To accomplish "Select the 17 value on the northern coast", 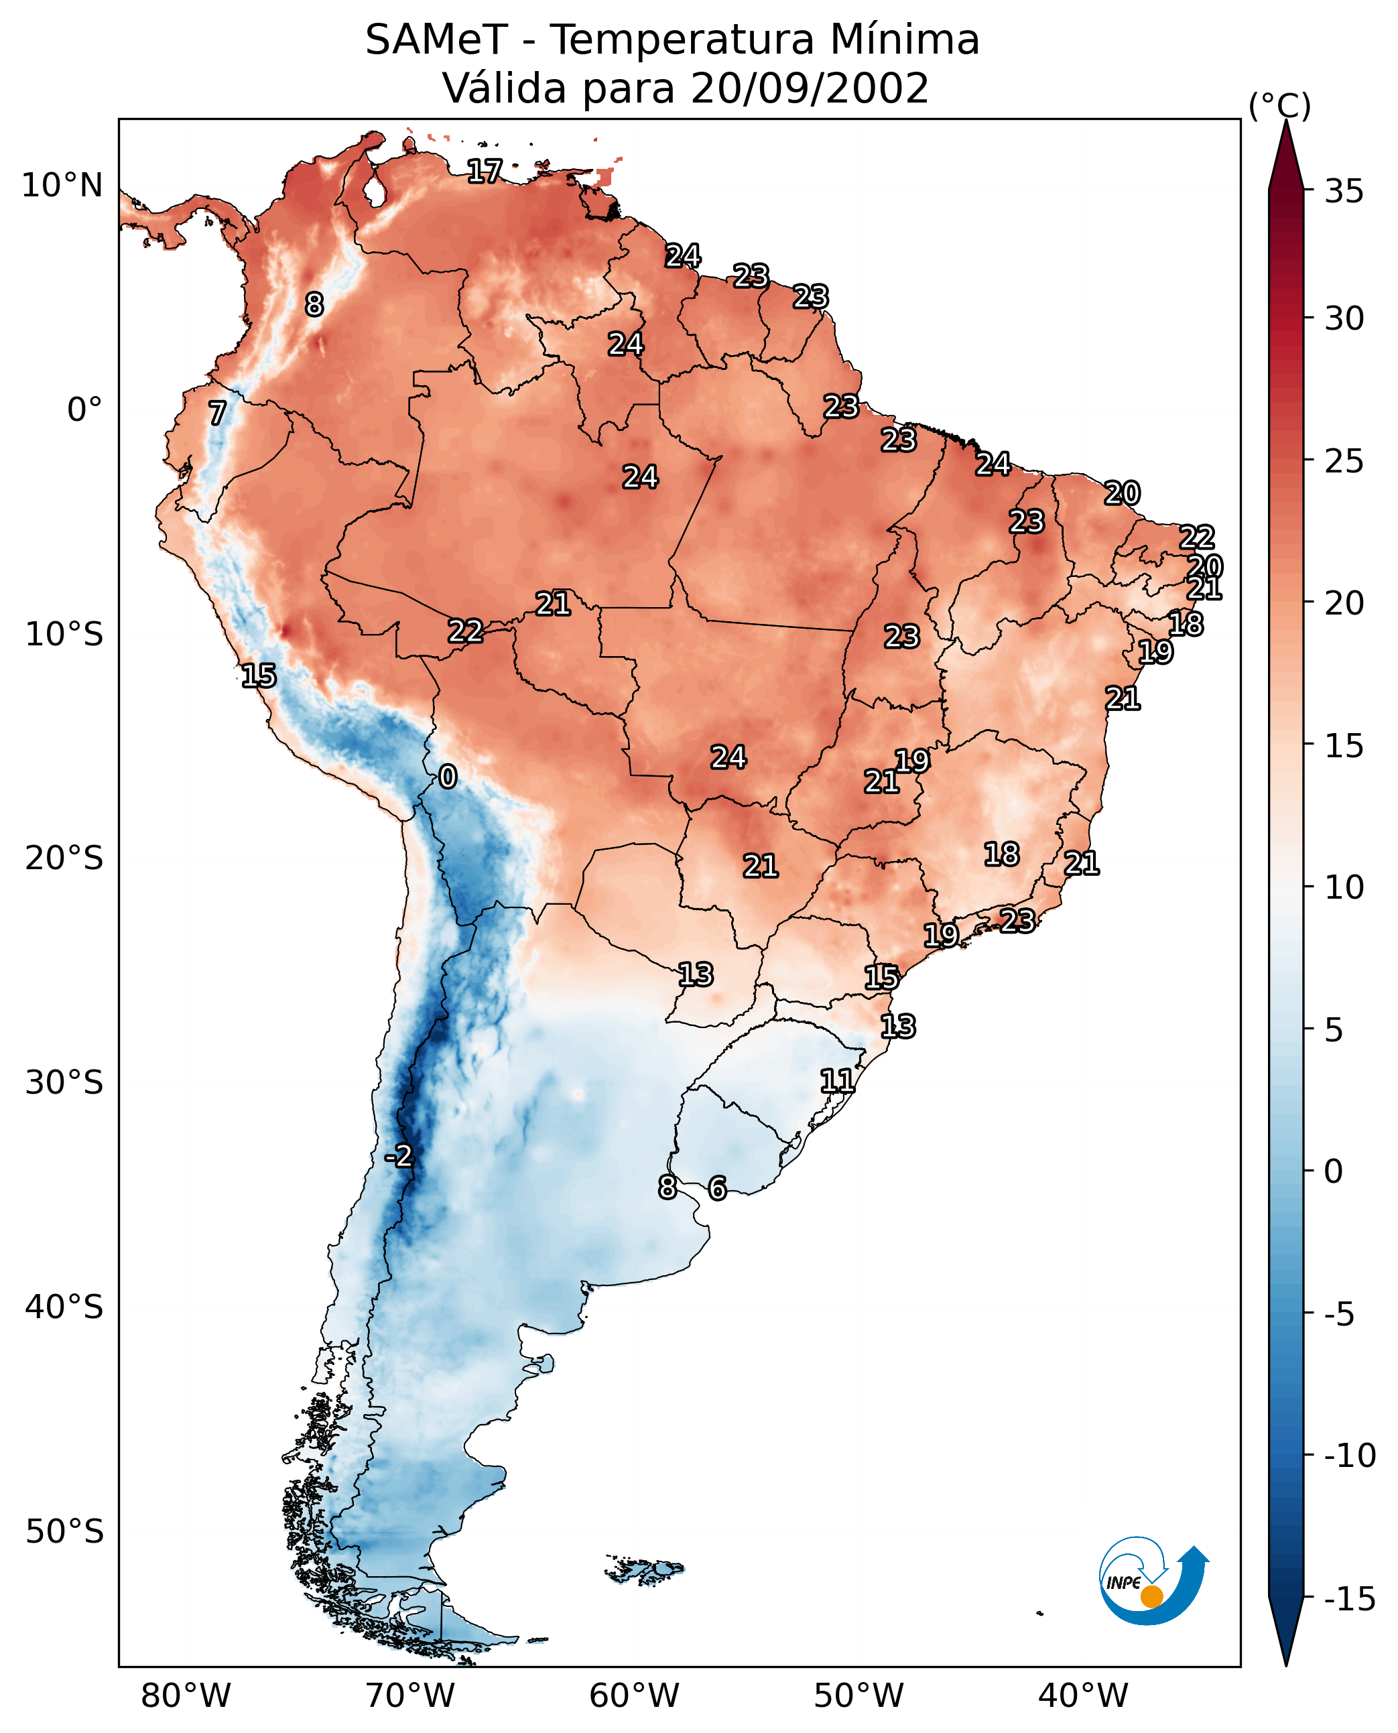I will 485,171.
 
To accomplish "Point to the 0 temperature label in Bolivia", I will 448,776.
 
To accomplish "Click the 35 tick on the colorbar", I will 1344,192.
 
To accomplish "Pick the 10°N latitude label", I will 62,186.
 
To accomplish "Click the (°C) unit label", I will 1279,105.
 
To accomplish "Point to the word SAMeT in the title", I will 436,40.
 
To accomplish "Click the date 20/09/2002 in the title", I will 810,88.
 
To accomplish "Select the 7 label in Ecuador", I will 217,413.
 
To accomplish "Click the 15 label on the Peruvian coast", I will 259,676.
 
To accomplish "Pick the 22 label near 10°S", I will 466,631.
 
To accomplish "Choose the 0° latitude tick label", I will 84,410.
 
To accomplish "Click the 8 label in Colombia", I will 314,304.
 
